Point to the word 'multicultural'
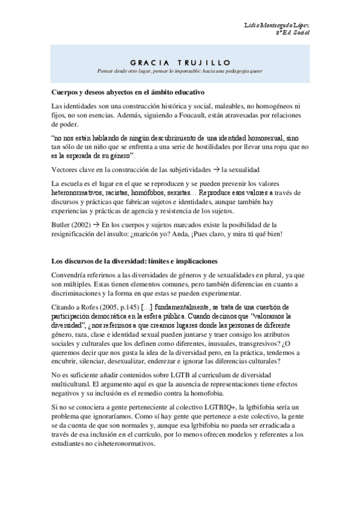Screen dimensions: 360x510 [73, 384]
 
